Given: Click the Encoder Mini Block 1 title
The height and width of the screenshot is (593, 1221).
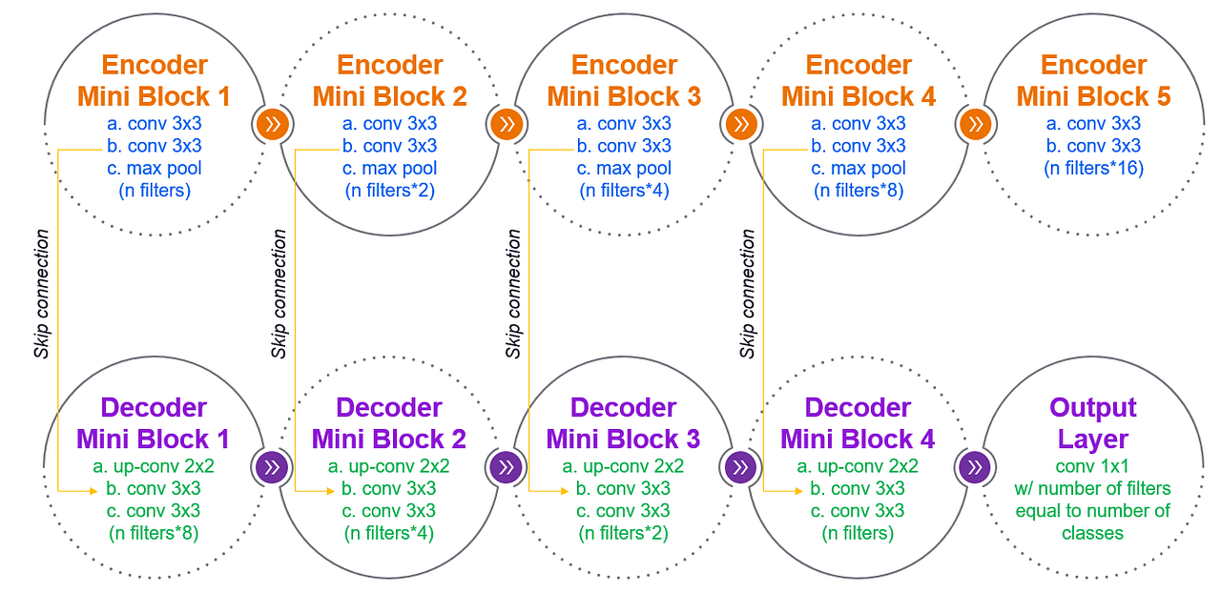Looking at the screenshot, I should tap(155, 81).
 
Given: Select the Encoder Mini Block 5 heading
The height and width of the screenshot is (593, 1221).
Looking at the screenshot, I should tap(1093, 81).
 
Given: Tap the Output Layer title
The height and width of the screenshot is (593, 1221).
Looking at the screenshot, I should tap(1093, 423).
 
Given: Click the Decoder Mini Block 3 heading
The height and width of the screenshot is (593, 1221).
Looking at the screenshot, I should tap(623, 423).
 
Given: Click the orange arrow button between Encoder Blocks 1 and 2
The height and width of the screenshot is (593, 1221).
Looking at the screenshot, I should tap(273, 124).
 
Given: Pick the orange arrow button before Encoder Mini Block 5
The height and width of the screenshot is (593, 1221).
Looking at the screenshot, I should tap(975, 124).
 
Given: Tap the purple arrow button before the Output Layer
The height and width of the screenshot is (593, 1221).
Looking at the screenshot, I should tap(975, 467).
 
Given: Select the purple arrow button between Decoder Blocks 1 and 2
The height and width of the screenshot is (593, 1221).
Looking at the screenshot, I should tap(273, 467).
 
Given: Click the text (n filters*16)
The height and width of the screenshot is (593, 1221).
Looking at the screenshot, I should tap(1093, 169).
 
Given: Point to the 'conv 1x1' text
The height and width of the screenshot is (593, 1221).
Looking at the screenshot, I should tap(1093, 467).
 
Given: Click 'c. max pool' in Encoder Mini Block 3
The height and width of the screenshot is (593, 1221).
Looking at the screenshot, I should tap(624, 169).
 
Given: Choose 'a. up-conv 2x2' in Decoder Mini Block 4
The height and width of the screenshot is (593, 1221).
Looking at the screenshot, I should tap(858, 467).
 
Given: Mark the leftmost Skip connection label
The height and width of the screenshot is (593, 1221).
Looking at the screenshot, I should tap(42, 294).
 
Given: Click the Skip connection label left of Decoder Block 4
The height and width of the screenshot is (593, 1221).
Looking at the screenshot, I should tap(748, 294).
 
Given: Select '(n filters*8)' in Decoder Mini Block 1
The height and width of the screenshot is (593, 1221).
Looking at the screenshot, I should tap(155, 533).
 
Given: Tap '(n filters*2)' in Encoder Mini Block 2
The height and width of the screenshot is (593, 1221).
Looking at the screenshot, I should tap(389, 191).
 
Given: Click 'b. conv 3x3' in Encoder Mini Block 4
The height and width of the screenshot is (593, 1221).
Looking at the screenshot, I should tap(859, 146).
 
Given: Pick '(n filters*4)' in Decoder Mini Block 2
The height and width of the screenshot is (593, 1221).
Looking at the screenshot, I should tap(389, 533).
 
